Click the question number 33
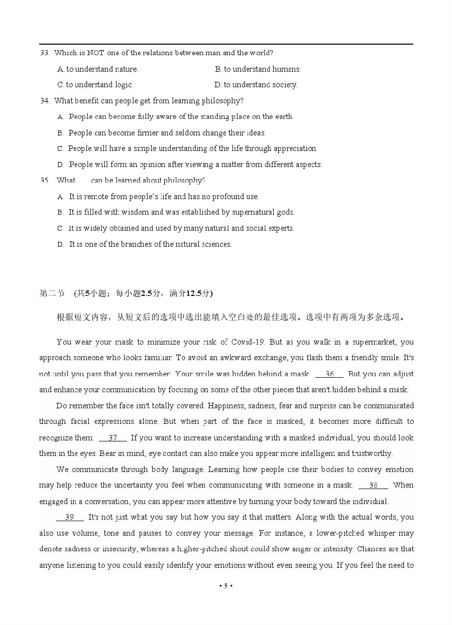point(44,53)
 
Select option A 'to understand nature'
point(98,69)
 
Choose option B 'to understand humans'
point(258,69)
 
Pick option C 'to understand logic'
point(95,85)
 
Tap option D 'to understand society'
point(256,85)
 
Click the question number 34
point(44,101)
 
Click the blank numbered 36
point(329,374)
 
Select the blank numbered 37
point(113,438)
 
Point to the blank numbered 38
point(373,485)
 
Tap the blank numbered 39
point(70,517)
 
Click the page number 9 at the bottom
point(225,585)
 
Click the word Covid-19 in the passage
point(248,342)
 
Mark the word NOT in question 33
point(95,53)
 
